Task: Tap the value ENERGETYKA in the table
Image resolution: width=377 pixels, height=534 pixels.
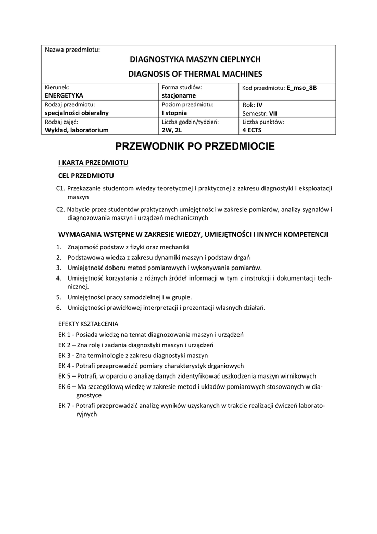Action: [64, 96]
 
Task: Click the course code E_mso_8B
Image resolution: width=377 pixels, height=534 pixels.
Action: [301, 88]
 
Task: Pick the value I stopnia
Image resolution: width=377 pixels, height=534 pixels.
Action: [174, 113]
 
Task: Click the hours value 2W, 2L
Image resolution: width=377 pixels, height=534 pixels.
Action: [171, 130]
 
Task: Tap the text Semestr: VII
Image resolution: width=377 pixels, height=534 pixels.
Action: [259, 113]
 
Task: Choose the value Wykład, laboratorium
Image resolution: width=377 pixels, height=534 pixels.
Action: [77, 130]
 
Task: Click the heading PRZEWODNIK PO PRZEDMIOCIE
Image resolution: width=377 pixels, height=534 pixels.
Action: [195, 147]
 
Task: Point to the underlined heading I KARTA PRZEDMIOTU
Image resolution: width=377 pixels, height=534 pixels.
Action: [93, 163]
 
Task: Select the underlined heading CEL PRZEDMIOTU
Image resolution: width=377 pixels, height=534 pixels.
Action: [86, 176]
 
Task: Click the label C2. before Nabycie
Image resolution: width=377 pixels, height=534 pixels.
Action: [60, 210]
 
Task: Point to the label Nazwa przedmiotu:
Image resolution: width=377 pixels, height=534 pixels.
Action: [72, 50]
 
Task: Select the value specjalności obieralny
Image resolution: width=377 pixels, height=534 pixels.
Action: [77, 113]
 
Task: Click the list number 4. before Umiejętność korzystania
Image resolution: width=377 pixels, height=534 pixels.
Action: [59, 277]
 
